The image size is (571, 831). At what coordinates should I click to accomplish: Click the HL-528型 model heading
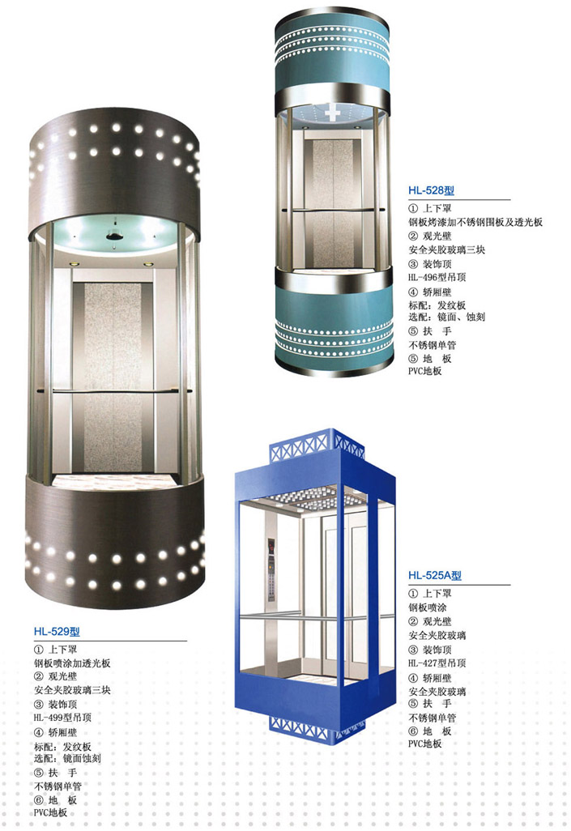click(431, 191)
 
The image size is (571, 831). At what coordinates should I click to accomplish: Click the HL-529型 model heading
click(57, 632)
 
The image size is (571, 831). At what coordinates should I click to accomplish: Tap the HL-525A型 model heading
click(435, 576)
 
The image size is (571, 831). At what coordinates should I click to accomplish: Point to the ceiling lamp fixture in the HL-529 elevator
click(113, 234)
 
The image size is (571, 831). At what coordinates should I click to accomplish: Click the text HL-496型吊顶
click(437, 277)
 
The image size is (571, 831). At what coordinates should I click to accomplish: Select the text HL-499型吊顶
click(62, 718)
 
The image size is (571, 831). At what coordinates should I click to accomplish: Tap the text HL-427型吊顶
click(437, 663)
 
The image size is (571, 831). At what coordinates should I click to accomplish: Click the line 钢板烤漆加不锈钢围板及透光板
click(475, 222)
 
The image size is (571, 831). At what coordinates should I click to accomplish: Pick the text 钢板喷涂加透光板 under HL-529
click(72, 663)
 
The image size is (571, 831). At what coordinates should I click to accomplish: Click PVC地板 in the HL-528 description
click(424, 371)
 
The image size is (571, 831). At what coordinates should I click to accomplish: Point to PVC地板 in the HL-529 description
click(50, 812)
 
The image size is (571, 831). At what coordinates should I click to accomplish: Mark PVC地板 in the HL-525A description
click(424, 744)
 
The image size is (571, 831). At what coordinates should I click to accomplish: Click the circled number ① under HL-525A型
click(413, 594)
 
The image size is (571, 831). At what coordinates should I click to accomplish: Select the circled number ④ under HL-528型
click(413, 292)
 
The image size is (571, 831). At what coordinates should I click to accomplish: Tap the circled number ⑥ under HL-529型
click(39, 799)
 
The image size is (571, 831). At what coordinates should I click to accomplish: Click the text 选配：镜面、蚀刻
click(446, 317)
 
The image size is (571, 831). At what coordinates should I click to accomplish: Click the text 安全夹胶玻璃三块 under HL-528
click(446, 249)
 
